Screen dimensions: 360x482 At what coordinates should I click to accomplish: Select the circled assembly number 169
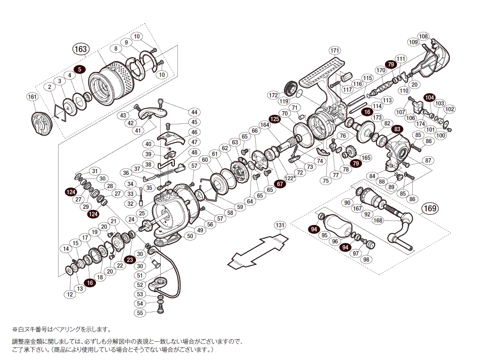(430, 208)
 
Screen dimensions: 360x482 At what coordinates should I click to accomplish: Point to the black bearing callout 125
(274, 119)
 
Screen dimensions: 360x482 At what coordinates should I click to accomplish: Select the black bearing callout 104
(429, 97)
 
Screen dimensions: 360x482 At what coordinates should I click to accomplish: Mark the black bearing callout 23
(129, 259)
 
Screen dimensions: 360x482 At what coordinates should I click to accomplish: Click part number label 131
(280, 225)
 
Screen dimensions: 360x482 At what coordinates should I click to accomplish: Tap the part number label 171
(334, 51)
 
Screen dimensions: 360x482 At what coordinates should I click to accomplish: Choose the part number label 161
(32, 97)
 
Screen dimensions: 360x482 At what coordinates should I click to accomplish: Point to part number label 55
(140, 313)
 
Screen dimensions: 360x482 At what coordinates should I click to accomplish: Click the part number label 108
(423, 36)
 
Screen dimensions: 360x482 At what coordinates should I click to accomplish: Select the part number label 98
(366, 259)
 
